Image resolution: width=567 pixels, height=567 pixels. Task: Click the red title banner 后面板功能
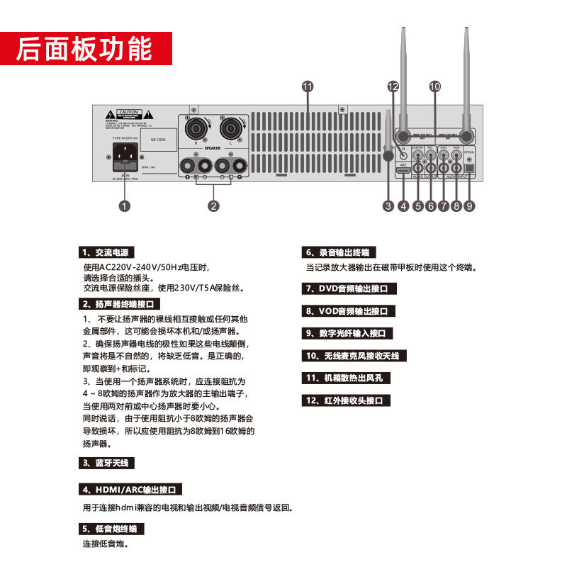click(x=85, y=48)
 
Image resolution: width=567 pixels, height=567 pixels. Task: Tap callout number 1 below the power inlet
click(x=124, y=206)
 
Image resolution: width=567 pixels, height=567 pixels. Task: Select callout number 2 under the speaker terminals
click(x=213, y=206)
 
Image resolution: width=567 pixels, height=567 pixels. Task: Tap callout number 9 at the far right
click(x=469, y=206)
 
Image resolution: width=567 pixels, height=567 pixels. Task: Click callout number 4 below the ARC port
click(x=403, y=206)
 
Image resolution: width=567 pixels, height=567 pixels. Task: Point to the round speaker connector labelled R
click(x=195, y=129)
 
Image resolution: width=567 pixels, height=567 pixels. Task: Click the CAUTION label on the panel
click(x=128, y=113)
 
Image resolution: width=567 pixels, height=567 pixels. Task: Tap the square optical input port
click(x=468, y=169)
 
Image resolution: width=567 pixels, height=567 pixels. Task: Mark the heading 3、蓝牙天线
click(x=105, y=463)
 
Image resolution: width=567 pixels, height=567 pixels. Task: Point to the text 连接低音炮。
click(x=105, y=544)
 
